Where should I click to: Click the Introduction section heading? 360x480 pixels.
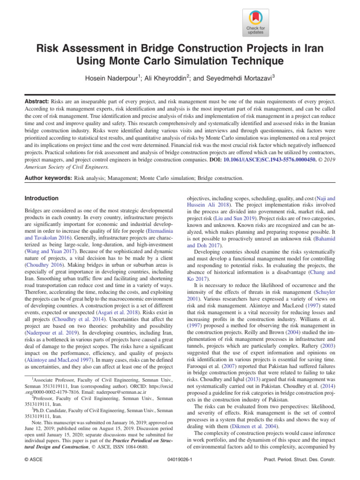pos(42,198)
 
